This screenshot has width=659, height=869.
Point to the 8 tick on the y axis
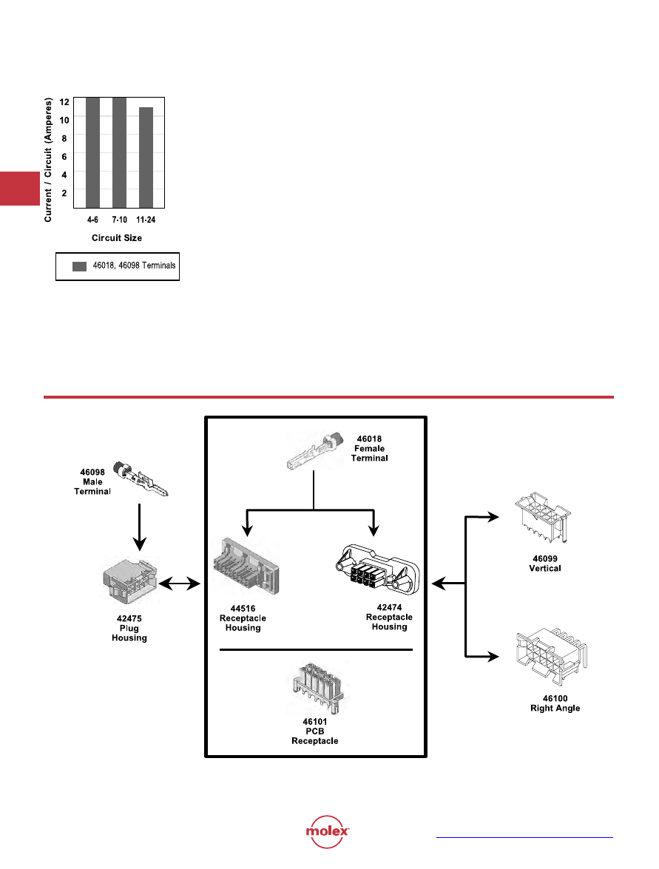[x=64, y=138]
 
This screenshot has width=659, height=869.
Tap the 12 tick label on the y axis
[x=64, y=101]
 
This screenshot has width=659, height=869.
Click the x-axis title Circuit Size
[x=117, y=238]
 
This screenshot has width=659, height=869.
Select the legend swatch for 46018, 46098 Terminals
[x=80, y=266]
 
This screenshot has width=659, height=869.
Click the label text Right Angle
[x=555, y=708]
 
